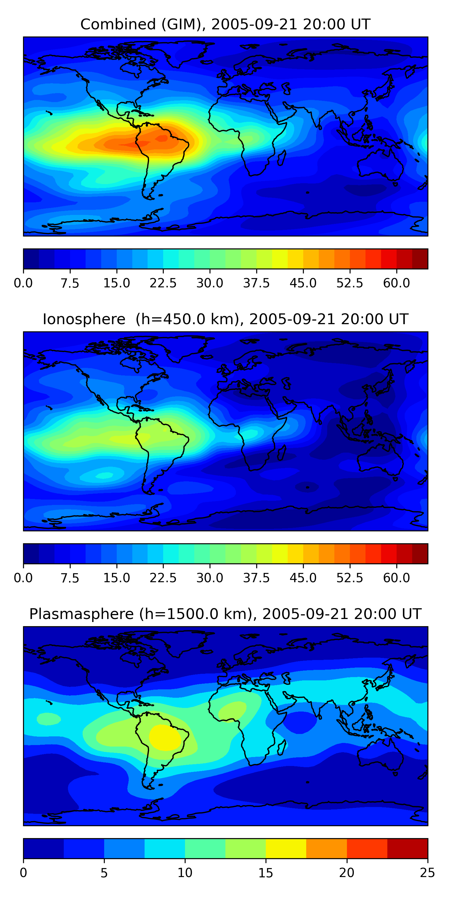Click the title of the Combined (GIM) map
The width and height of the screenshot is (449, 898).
[225, 25]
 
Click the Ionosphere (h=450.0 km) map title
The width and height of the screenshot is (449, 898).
[225, 319]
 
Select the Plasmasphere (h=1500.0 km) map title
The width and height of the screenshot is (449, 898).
[225, 614]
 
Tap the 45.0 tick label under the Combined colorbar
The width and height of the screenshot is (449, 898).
[303, 283]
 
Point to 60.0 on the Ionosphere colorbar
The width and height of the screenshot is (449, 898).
[396, 578]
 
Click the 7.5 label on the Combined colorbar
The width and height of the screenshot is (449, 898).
[70, 283]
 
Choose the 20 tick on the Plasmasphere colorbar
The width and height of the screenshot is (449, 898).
[347, 873]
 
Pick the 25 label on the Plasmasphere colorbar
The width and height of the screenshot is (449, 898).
[427, 873]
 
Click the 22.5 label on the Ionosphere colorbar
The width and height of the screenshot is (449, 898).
[163, 578]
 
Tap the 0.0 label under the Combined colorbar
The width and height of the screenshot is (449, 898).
[23, 283]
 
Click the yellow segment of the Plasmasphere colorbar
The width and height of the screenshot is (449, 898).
[286, 848]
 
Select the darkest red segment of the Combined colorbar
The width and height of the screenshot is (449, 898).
[420, 259]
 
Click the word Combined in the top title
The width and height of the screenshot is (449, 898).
[118, 25]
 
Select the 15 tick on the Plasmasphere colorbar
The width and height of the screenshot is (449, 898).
[266, 873]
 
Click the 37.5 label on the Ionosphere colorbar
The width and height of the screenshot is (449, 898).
[256, 578]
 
